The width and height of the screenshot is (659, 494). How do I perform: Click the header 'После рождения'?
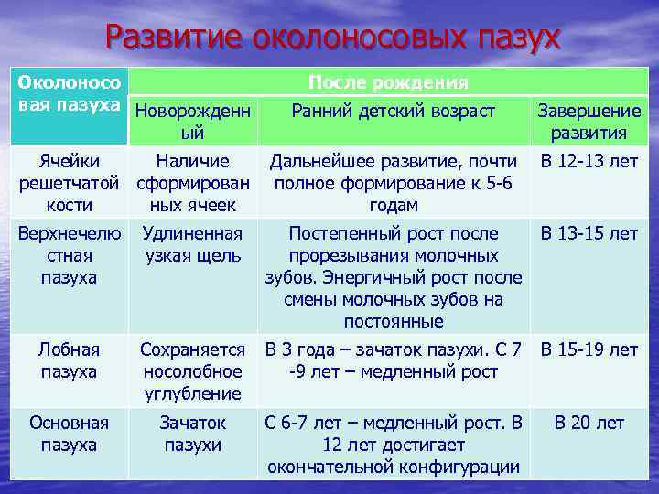(388, 82)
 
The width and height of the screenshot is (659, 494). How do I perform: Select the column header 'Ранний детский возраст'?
(393, 112)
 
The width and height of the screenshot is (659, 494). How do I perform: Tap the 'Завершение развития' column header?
(589, 122)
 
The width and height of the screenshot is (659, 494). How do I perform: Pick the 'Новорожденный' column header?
(192, 122)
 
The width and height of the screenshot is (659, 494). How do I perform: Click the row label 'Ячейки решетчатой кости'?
(69, 183)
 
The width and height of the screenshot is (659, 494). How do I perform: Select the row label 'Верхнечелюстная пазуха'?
(69, 255)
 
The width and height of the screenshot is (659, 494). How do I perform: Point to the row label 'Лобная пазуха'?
(69, 360)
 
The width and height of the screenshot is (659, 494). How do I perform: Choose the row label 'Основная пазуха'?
(69, 434)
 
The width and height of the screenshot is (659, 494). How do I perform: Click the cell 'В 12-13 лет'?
(589, 162)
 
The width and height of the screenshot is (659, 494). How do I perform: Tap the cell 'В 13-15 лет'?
(589, 233)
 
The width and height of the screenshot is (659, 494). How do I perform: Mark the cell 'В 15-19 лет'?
(589, 349)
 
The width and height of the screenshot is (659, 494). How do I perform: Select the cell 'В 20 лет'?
(589, 423)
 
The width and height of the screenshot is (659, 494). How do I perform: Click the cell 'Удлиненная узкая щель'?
(192, 244)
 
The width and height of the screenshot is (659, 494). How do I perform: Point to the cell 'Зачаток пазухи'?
(192, 434)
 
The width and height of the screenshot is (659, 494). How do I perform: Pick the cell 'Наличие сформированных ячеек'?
(192, 183)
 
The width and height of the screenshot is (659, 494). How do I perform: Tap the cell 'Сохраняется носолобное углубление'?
(192, 371)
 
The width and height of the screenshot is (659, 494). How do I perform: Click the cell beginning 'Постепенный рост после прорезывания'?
(393, 277)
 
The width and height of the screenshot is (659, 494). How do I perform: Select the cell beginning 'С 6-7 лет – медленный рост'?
(393, 445)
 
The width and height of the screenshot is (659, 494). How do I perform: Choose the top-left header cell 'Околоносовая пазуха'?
(69, 92)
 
